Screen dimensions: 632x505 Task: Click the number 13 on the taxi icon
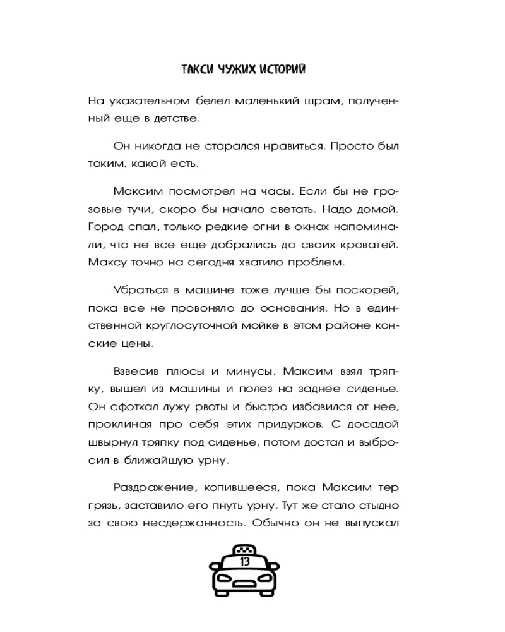(x=244, y=560)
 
